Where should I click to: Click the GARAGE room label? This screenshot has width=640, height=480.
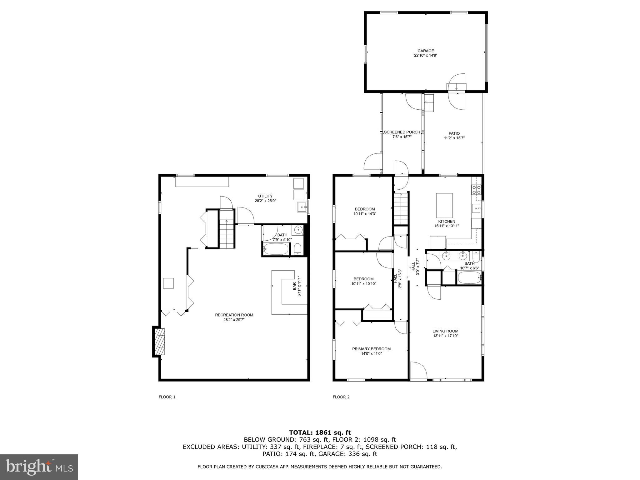click(426, 51)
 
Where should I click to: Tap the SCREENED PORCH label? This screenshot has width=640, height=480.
click(402, 132)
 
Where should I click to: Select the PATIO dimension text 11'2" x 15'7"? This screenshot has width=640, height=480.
click(454, 138)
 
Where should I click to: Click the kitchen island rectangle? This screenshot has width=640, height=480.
click(444, 205)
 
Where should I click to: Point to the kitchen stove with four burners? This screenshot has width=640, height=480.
click(476, 190)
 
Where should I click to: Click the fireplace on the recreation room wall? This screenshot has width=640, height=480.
click(160, 341)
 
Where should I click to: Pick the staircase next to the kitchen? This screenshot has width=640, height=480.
click(401, 208)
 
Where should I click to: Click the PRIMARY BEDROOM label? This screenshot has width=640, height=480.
click(371, 349)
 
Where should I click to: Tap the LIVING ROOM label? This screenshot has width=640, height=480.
click(445, 331)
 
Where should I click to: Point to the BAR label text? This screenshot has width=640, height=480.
click(294, 286)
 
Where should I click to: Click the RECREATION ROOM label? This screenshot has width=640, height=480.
click(234, 315)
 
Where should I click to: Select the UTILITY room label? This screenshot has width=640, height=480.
click(265, 196)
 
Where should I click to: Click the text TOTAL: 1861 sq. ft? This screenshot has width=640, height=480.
click(320, 432)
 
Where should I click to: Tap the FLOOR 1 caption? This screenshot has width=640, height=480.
click(167, 397)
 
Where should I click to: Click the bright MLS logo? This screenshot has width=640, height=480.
click(39, 467)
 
